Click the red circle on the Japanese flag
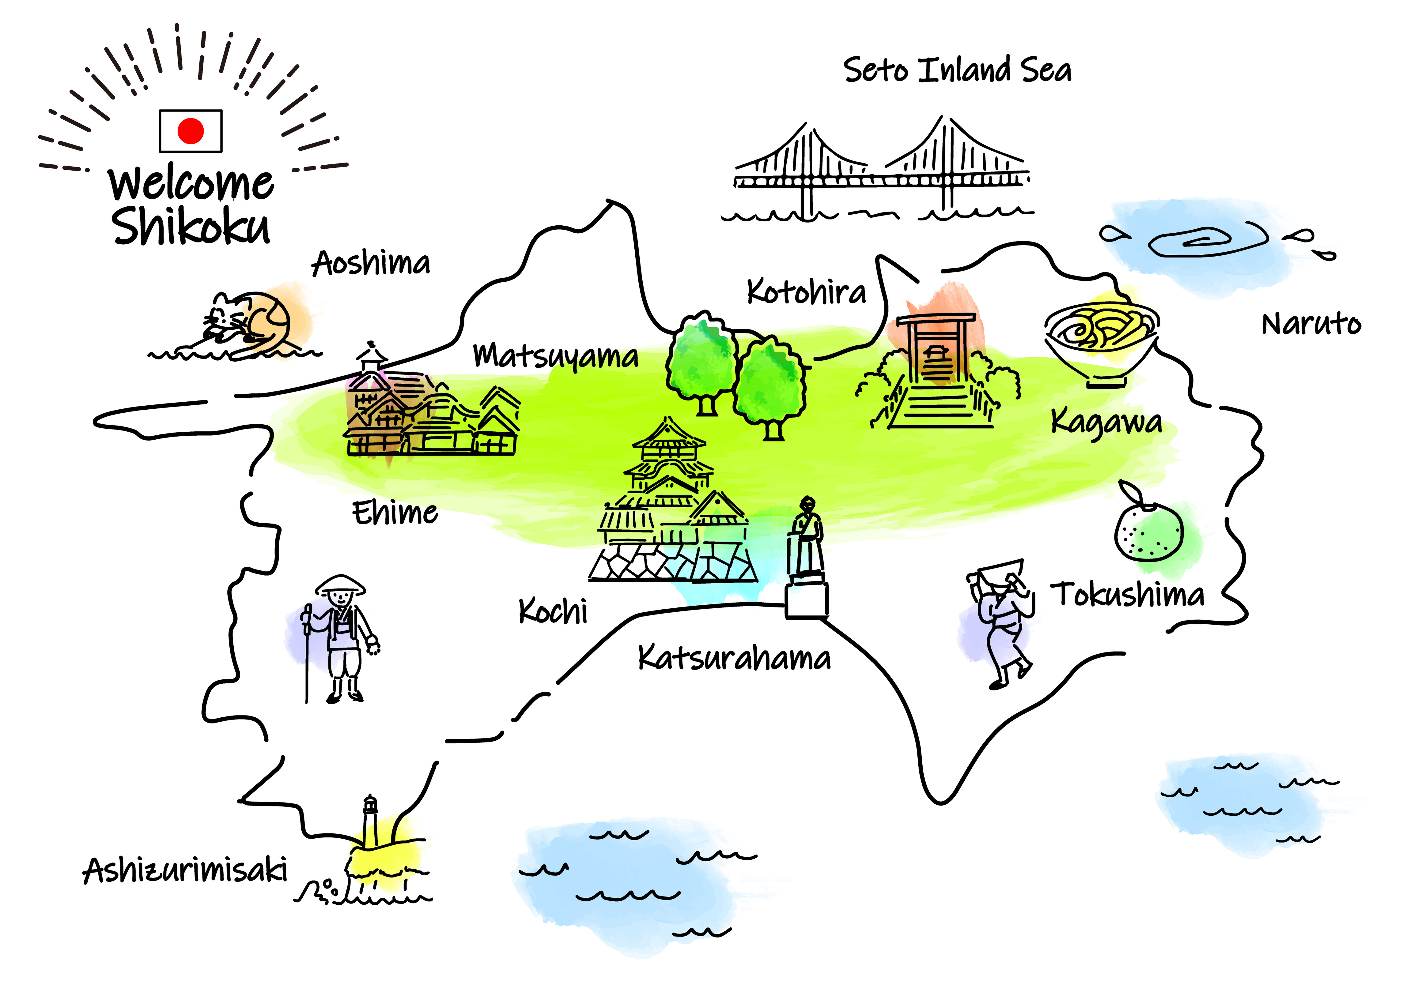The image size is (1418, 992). tap(190, 131)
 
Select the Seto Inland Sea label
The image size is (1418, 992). tap(957, 70)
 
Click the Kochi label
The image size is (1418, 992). tap(553, 611)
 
